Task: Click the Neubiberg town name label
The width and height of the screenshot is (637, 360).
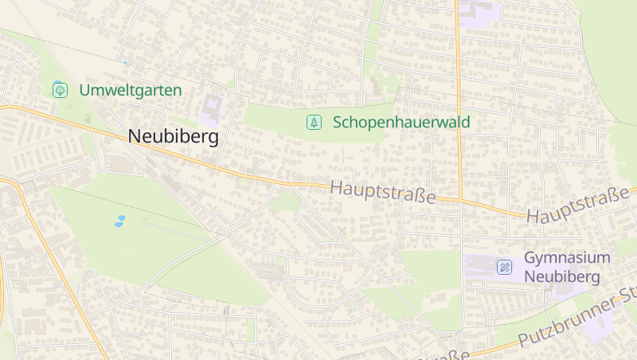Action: [x=173, y=137]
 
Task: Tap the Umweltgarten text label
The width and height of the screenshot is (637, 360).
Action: [x=131, y=90]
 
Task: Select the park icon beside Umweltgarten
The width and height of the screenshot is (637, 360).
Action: [x=60, y=90]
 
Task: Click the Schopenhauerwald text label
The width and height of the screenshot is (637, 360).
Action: [x=401, y=122]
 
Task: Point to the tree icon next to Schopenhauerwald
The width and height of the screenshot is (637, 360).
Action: [x=315, y=122]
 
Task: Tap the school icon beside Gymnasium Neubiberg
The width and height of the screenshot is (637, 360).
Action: [x=504, y=267]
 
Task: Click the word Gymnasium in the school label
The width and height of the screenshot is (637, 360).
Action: [x=567, y=258]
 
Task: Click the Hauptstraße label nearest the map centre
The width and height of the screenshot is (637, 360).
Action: [x=382, y=192]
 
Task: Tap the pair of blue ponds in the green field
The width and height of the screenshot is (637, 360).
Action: [x=119, y=221]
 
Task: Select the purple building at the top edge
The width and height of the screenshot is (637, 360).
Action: [x=478, y=14]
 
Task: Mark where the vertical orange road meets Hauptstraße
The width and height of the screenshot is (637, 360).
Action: [x=460, y=199]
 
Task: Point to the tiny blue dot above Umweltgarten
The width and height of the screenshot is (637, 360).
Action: [x=124, y=61]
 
